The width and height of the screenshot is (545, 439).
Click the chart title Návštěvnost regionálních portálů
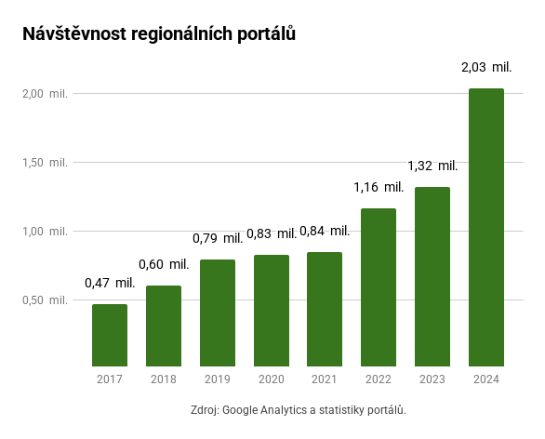[x=159, y=33]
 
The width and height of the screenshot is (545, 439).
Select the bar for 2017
[x=110, y=335]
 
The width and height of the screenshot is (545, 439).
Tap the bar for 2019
[x=218, y=313]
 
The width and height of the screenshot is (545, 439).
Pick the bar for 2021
[x=325, y=309]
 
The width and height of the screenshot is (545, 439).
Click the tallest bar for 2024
[x=486, y=227]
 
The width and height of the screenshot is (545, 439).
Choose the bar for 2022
[x=379, y=286]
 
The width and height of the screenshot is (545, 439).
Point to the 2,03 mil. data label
[x=486, y=68]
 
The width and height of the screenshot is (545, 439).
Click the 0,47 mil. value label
[x=110, y=283]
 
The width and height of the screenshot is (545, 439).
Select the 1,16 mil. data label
[x=379, y=187]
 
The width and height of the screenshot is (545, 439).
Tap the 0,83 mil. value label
[x=271, y=233]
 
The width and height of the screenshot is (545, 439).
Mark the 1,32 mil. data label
[x=432, y=166]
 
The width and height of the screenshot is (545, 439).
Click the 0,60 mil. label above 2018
[x=164, y=264]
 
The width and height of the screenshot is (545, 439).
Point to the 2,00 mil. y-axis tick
[x=46, y=94]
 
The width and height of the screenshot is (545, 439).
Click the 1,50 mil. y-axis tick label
[x=46, y=163]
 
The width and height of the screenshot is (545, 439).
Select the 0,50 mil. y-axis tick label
[x=46, y=300]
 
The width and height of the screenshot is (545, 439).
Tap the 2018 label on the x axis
[x=164, y=379]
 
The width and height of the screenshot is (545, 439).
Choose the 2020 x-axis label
[x=271, y=379]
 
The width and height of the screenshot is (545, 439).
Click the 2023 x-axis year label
[x=432, y=379]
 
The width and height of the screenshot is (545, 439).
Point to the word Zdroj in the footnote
[x=204, y=409]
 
